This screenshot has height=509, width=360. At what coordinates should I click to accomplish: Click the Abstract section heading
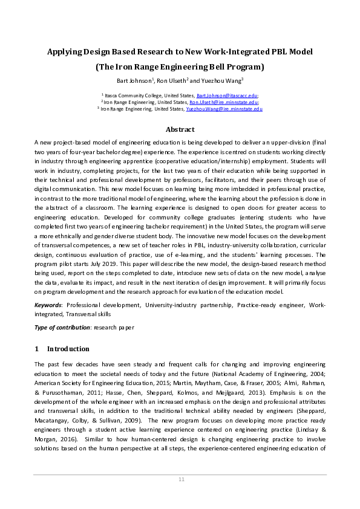coord(180,129)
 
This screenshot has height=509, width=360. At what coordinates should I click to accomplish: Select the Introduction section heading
coord(68,349)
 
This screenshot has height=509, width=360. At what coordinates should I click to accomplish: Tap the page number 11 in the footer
coord(180,479)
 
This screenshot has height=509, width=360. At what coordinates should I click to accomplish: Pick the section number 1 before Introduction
coord(36,349)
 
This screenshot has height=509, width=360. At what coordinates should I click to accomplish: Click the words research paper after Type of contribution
coord(113,327)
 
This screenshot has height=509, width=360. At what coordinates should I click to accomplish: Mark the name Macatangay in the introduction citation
coord(55,420)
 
